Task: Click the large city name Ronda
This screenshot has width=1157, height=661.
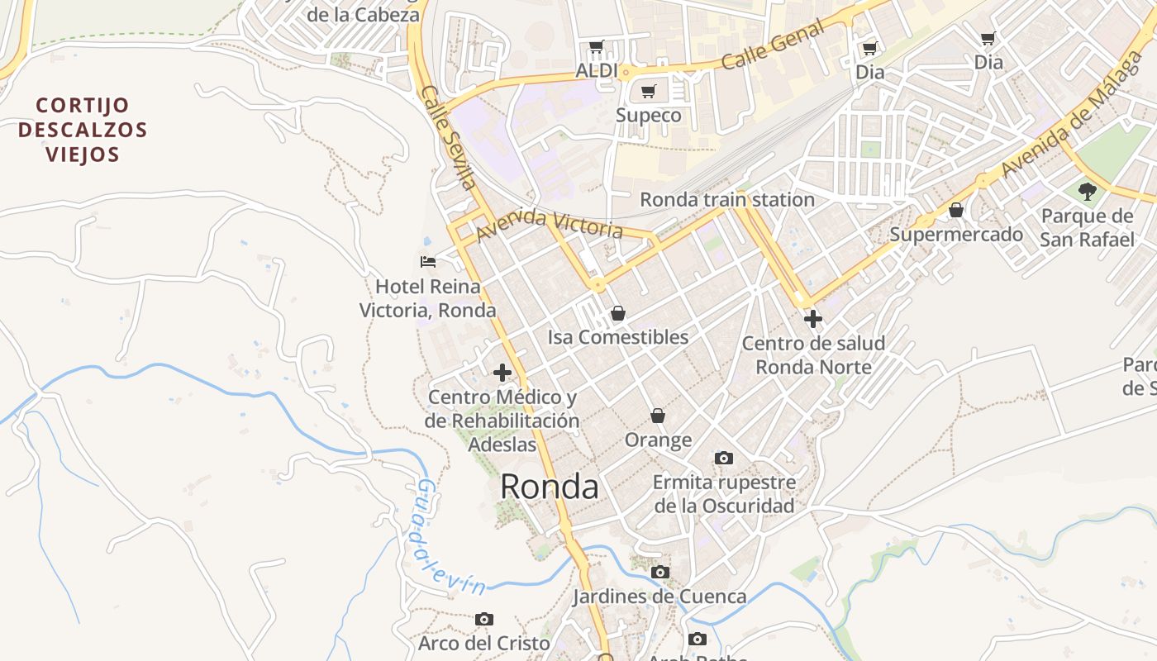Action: [549, 487]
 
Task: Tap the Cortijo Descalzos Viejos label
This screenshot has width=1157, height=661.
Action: [83, 130]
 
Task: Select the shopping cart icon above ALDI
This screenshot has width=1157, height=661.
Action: [596, 47]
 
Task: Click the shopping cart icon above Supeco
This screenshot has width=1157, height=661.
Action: [649, 91]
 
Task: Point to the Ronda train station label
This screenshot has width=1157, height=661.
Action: [727, 200]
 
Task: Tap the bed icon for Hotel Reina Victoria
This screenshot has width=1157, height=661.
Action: [428, 262]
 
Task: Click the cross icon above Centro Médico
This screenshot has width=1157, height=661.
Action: [502, 373]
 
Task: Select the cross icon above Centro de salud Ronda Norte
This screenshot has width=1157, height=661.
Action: [813, 318]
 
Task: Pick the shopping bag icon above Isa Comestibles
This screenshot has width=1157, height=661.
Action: [617, 313]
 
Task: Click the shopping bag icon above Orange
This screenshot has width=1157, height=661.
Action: [658, 415]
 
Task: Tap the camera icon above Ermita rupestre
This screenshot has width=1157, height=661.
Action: [723, 458]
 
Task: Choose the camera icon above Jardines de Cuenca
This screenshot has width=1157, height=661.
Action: [659, 572]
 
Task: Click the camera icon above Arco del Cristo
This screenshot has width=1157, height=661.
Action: [484, 619]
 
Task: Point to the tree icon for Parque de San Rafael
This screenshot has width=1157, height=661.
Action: [1087, 192]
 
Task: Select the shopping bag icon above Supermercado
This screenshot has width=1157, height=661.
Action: [956, 210]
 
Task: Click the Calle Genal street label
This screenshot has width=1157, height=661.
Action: [773, 46]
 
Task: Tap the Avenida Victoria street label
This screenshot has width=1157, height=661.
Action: [549, 223]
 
